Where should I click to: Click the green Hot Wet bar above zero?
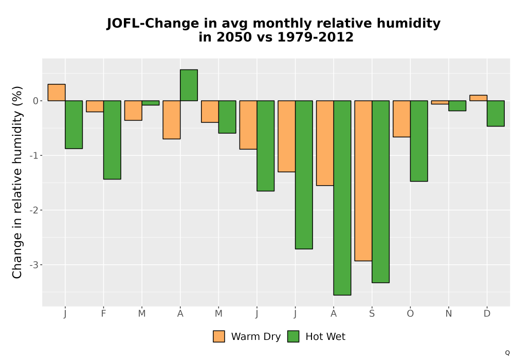point(189,85)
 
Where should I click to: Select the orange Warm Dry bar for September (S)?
point(363,181)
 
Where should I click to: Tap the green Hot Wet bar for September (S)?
point(380,191)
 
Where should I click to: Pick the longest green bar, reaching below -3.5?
point(342,197)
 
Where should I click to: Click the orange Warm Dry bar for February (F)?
point(95,106)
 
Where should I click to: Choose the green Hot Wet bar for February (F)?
point(112,140)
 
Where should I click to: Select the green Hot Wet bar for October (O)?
point(419,141)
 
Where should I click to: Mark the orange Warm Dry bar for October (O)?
point(401,119)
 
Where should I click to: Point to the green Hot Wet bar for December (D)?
point(495,114)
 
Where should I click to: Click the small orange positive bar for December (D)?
point(478,98)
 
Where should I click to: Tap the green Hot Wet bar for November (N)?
point(457,105)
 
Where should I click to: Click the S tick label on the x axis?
point(372,314)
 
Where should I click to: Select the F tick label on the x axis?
point(104,314)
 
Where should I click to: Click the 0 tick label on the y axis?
point(35,101)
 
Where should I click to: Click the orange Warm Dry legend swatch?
point(218,336)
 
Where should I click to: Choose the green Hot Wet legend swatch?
point(293,336)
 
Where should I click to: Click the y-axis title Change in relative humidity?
point(17,182)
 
